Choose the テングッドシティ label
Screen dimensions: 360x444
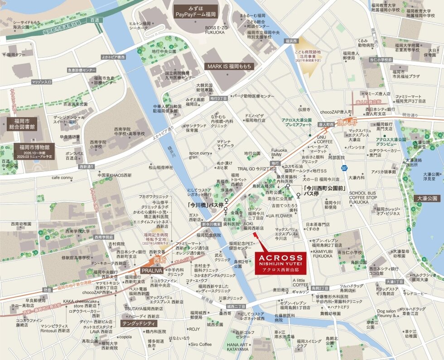[139, 323]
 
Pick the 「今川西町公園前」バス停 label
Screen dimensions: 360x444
[324, 190]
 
